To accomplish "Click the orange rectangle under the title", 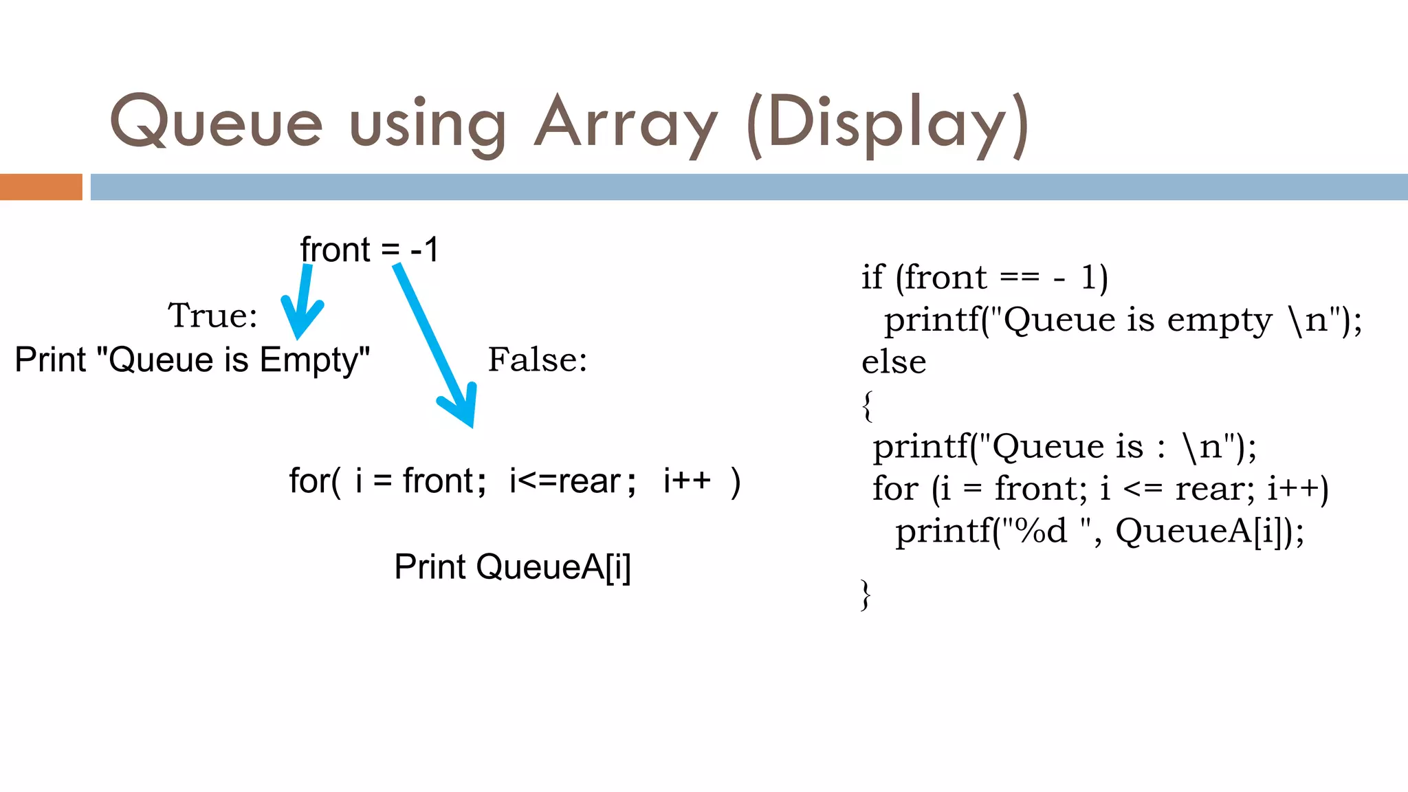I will pyautogui.click(x=41, y=187).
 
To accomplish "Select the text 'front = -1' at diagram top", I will pyautogui.click(x=369, y=250).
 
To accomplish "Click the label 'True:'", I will pyautogui.click(x=212, y=316).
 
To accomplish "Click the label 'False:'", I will pyautogui.click(x=538, y=360).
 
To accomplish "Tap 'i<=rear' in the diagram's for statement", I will pyautogui.click(x=564, y=481).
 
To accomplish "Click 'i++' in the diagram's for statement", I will pyautogui.click(x=687, y=480).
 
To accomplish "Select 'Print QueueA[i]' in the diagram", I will pyautogui.click(x=512, y=567).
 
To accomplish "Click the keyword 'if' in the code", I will pyautogui.click(x=872, y=277).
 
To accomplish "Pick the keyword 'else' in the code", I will pyautogui.click(x=894, y=362).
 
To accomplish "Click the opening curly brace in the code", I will pyautogui.click(x=868, y=406).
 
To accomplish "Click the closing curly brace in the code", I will pyautogui.click(x=866, y=594).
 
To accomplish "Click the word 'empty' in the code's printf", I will pyautogui.click(x=1220, y=320).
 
